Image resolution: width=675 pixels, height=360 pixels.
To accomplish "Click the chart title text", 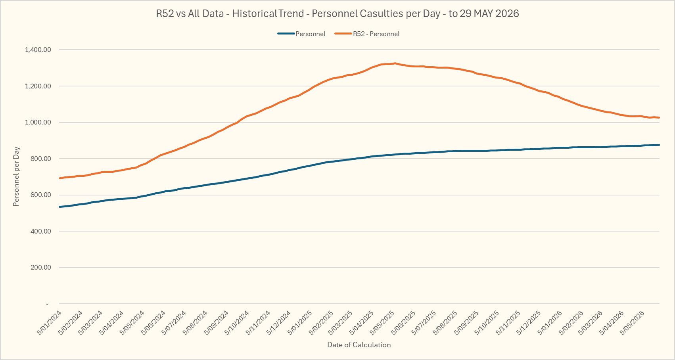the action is coord(337,14).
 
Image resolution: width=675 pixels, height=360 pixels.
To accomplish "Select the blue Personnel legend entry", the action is coord(301,34).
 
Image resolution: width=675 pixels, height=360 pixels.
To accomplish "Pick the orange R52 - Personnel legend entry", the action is coord(367,34).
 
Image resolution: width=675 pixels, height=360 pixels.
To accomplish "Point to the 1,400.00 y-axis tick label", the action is coord(38,50).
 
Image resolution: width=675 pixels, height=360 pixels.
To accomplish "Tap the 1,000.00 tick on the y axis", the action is coord(38,122).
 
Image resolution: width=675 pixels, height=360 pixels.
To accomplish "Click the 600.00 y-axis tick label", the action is coord(41,195).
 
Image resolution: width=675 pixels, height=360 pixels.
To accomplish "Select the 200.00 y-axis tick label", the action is coord(41,268).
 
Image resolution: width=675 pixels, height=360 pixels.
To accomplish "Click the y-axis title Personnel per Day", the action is coord(16,176).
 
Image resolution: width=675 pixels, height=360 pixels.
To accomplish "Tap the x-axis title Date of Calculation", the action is coord(359,345).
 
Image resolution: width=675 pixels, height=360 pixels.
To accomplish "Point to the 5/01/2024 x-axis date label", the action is coord(50,323).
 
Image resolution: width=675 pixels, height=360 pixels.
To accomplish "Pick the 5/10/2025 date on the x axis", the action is coord(487,323).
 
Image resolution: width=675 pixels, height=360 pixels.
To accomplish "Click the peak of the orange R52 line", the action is coord(395,63).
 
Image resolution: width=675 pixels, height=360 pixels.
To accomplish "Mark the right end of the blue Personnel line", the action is coord(659,145).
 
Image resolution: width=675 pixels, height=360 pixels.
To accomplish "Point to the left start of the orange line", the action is coord(59,178).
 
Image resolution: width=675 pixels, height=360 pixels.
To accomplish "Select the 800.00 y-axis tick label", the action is coord(41,159).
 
